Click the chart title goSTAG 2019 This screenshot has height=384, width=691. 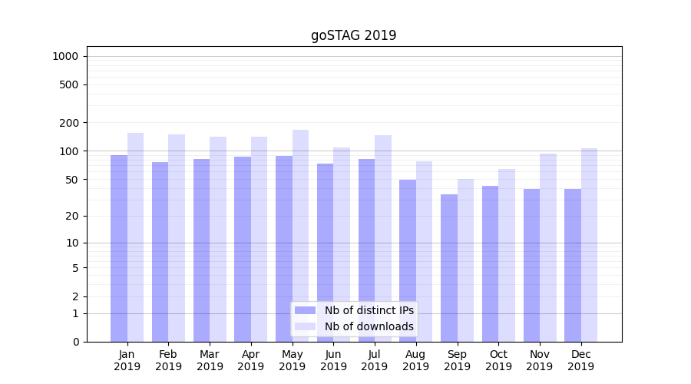pyautogui.click(x=353, y=35)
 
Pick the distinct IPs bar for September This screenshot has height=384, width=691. pyautogui.click(x=449, y=268)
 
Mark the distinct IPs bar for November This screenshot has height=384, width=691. pyautogui.click(x=531, y=265)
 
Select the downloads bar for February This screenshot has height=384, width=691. pyautogui.click(x=177, y=238)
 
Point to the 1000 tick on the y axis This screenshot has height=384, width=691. pyautogui.click(x=65, y=56)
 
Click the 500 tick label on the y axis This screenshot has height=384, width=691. pyautogui.click(x=69, y=84)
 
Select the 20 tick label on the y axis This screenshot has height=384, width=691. pyautogui.click(x=71, y=216)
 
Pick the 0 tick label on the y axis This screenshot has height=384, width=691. pyautogui.click(x=75, y=342)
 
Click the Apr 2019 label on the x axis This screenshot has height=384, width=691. pyautogui.click(x=251, y=360)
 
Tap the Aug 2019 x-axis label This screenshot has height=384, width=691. pyautogui.click(x=416, y=360)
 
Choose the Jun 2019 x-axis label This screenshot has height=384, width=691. pyautogui.click(x=333, y=360)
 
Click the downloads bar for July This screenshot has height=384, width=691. pyautogui.click(x=383, y=238)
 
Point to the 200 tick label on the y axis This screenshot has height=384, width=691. pyautogui.click(x=69, y=123)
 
